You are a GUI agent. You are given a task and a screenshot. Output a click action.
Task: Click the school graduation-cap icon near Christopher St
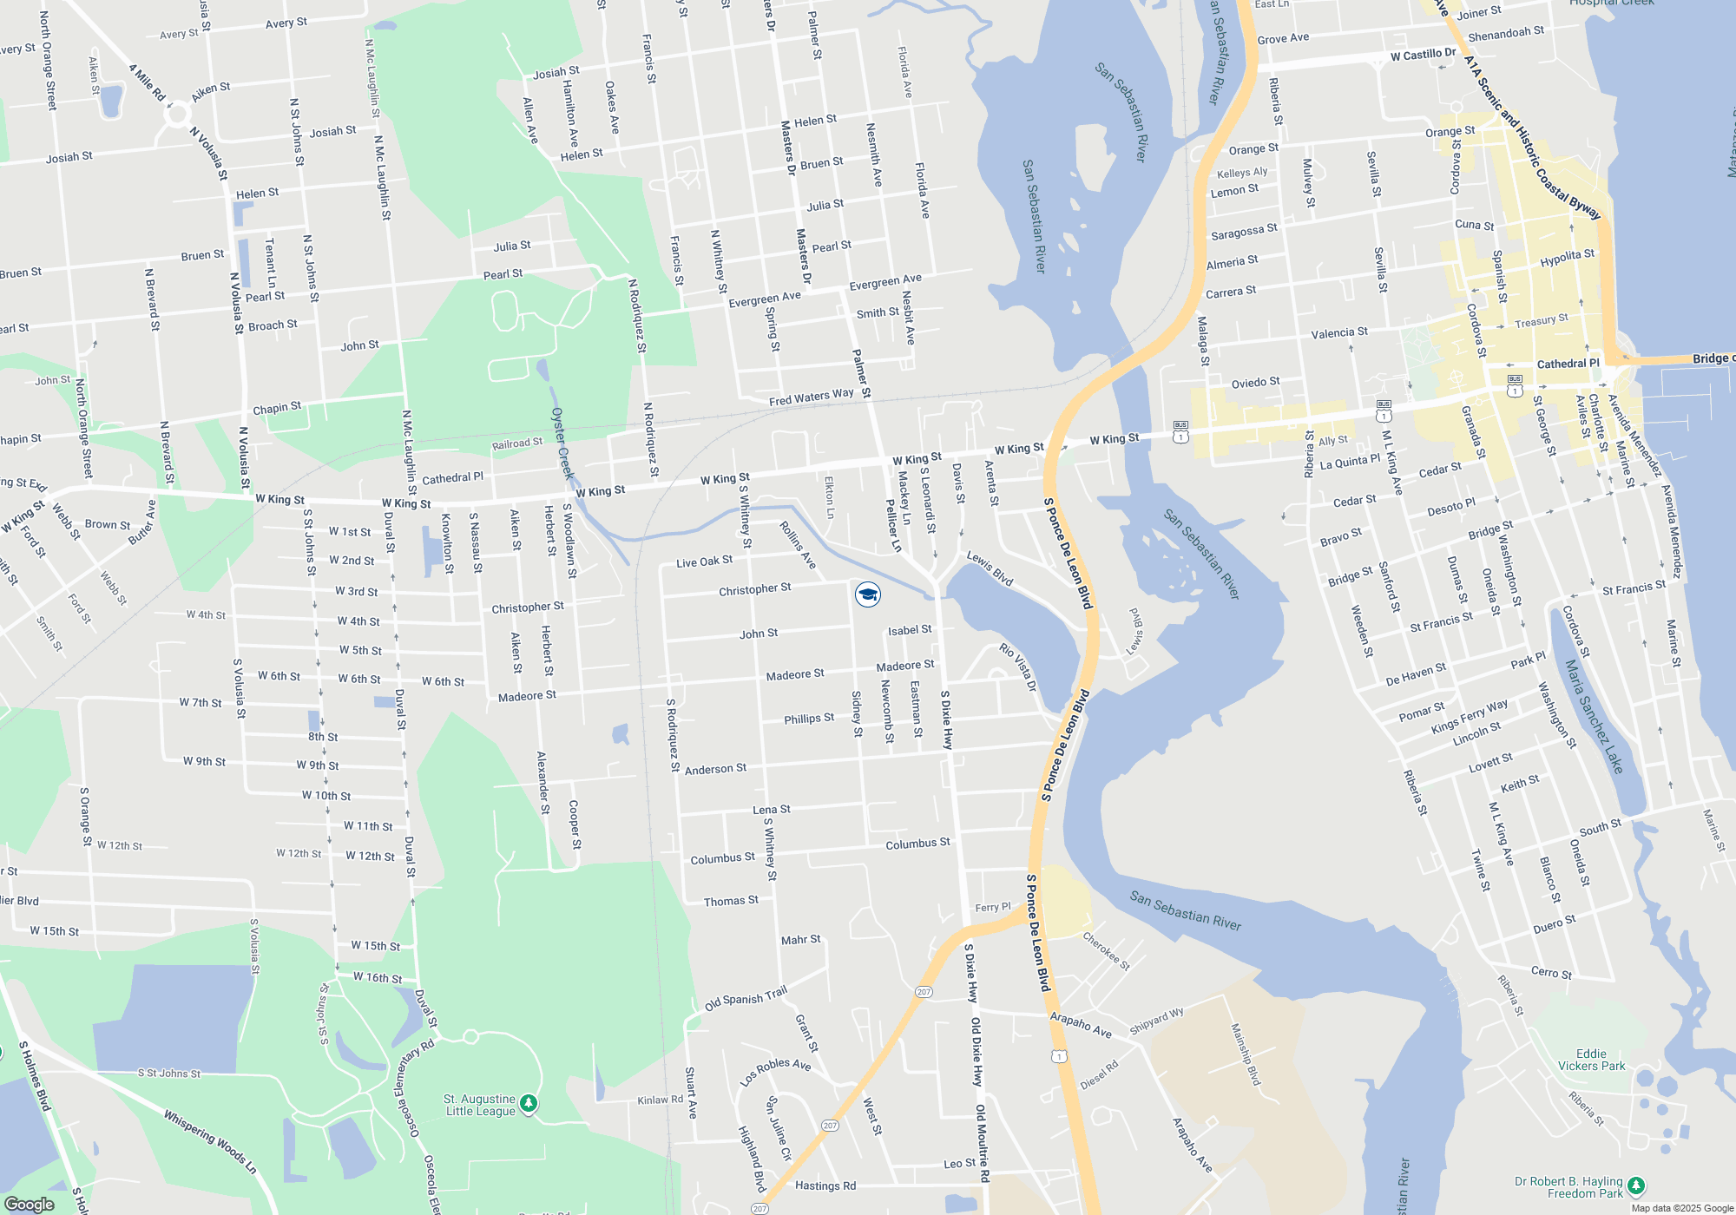868,594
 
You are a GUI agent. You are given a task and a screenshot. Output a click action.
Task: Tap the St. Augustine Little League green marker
529,1104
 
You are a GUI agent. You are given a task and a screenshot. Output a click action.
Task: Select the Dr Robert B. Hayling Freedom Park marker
1635,1185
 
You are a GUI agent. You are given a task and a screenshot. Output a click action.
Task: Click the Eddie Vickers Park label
1591,1060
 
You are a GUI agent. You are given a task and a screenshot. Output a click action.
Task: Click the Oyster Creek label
562,443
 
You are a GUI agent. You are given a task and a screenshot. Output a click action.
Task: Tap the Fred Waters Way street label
811,397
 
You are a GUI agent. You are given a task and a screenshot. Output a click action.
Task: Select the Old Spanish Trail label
746,998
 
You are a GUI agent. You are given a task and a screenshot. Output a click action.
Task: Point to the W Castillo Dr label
1423,55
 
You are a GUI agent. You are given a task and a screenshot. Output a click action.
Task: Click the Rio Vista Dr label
1017,667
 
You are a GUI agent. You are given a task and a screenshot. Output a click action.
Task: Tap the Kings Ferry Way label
1469,716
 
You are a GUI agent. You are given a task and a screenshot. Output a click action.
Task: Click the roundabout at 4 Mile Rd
177,114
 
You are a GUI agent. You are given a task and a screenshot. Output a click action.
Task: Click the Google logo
29,1204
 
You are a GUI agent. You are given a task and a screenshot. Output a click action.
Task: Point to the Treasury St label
1541,320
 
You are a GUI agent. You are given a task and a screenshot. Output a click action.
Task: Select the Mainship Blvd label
1246,1054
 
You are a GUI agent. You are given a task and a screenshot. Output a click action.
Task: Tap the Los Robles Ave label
775,1072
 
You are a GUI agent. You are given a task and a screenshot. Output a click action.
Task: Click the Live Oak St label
704,562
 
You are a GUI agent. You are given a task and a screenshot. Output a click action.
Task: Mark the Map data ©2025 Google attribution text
1681,1208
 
